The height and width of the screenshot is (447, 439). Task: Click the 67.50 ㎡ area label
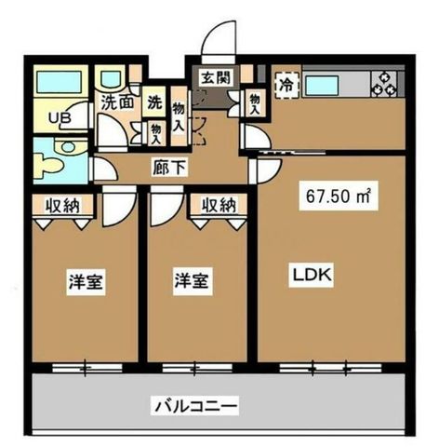click(x=339, y=196)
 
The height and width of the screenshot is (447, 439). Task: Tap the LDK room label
click(x=312, y=275)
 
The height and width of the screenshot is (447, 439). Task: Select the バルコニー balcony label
click(x=194, y=405)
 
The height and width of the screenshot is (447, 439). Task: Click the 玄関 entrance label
click(x=216, y=78)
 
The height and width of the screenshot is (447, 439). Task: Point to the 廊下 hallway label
click(x=169, y=168)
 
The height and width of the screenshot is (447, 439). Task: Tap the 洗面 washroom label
click(x=118, y=102)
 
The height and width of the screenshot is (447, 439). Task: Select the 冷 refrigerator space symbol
click(x=286, y=85)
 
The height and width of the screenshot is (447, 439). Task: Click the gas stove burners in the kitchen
click(x=384, y=83)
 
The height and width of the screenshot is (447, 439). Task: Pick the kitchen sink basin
click(x=322, y=86)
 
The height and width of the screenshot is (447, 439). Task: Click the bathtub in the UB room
click(x=59, y=82)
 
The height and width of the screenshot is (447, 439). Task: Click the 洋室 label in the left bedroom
click(x=86, y=282)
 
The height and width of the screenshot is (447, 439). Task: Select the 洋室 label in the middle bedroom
click(x=193, y=281)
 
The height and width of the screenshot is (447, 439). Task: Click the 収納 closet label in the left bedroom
click(x=62, y=206)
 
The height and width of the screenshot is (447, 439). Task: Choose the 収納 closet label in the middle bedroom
click(x=219, y=205)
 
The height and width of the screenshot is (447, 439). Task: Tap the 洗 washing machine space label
click(x=154, y=102)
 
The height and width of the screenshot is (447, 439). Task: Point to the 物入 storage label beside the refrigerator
click(x=255, y=104)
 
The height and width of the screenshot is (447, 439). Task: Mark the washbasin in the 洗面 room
click(x=110, y=79)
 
